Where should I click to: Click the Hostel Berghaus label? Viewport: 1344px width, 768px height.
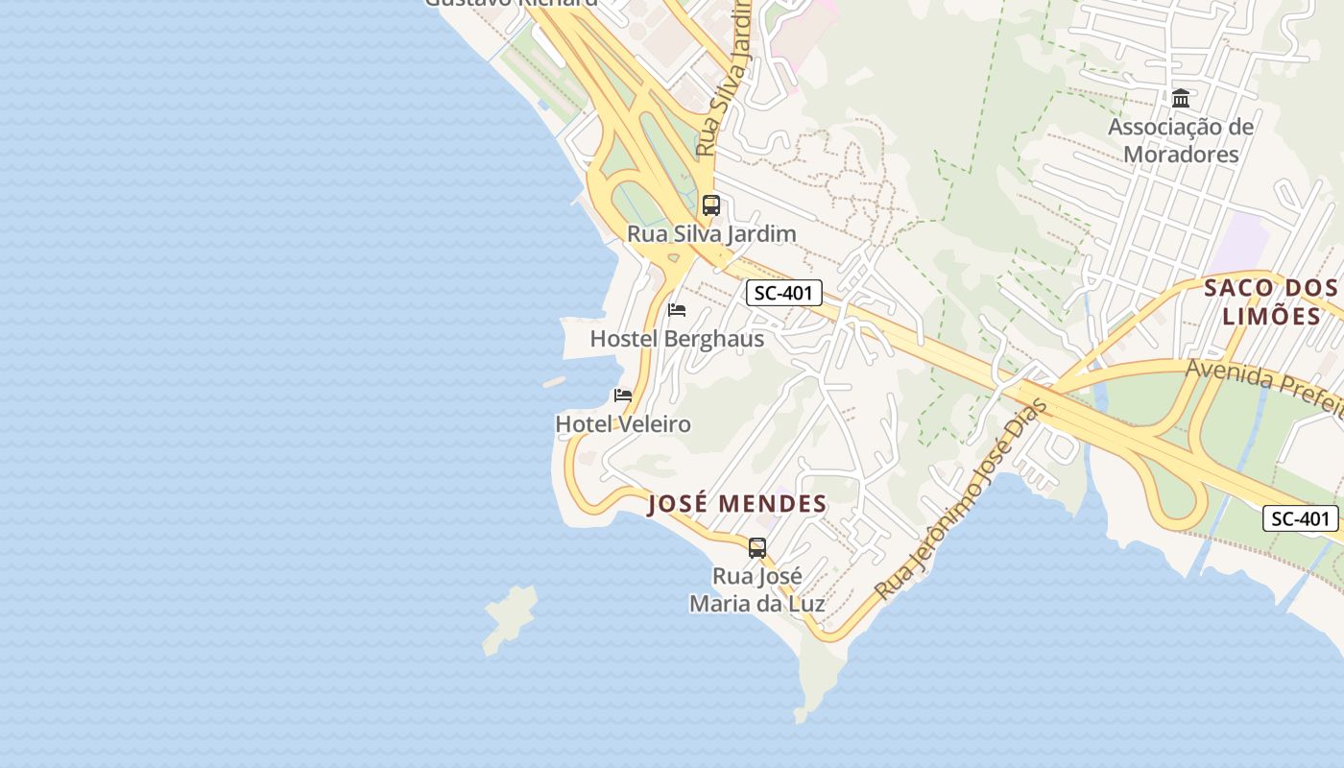click(x=677, y=339)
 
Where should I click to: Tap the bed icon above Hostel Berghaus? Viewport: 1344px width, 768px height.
click(x=677, y=310)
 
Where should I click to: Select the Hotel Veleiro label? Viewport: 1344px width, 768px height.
click(x=623, y=423)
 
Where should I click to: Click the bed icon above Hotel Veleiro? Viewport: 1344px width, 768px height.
click(x=623, y=395)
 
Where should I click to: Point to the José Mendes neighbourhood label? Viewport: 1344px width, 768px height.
click(x=737, y=504)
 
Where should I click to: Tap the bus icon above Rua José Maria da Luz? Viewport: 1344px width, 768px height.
click(x=757, y=548)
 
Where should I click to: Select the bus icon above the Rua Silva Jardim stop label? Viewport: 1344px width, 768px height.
click(x=711, y=204)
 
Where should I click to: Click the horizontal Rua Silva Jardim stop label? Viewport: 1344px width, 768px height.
click(x=711, y=233)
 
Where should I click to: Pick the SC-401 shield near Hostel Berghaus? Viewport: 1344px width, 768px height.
click(x=784, y=294)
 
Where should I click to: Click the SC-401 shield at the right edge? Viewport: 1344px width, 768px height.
click(x=1301, y=519)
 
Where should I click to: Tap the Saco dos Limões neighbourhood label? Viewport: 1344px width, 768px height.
click(x=1271, y=301)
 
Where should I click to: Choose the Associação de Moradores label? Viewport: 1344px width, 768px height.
click(x=1181, y=140)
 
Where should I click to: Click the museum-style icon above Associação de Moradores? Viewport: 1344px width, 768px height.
click(x=1181, y=98)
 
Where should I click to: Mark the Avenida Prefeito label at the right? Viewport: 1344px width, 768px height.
click(x=1262, y=384)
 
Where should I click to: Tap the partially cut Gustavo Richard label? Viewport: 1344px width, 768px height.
click(x=511, y=4)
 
